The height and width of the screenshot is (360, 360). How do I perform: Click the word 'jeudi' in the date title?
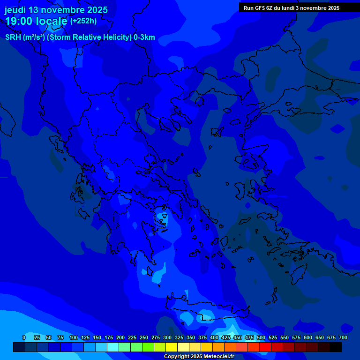(15, 10)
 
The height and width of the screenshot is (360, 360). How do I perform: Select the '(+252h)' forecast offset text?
(83, 21)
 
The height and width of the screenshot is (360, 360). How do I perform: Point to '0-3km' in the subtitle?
(144, 37)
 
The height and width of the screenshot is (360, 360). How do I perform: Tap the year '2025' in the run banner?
(332, 8)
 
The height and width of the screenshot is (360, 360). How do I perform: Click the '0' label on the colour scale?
(24, 337)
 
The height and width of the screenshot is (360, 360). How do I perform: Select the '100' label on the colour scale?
(74, 337)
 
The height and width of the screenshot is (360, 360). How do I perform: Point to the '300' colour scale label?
(167, 337)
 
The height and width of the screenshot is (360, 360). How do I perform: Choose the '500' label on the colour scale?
(261, 337)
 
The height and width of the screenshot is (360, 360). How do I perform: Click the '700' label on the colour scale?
(343, 337)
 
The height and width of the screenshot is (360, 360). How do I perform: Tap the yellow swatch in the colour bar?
(172, 347)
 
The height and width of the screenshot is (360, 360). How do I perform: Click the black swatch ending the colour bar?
(336, 347)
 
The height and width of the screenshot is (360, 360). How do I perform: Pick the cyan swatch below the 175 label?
(113, 347)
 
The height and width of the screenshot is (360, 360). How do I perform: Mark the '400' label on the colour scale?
(214, 337)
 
